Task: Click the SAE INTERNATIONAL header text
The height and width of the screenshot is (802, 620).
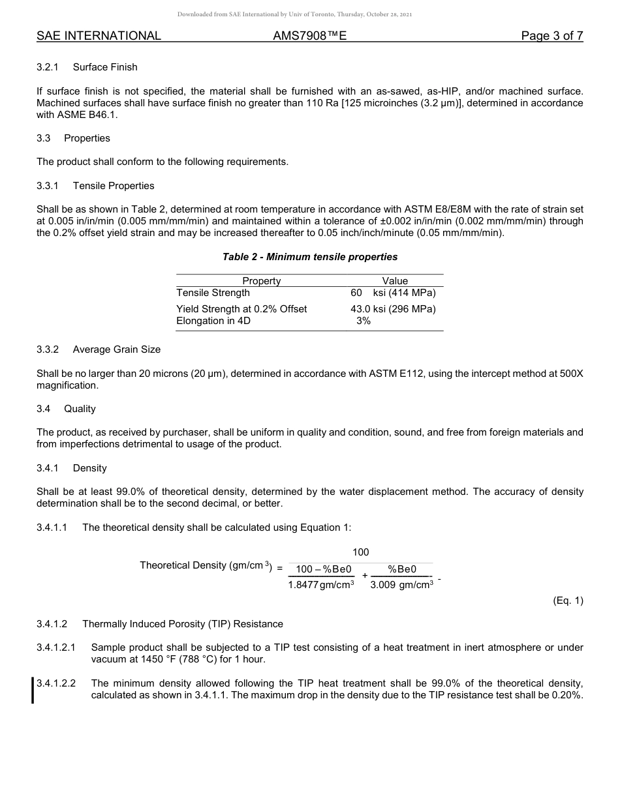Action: [x=99, y=37]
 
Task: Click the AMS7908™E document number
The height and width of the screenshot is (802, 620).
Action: [x=309, y=37]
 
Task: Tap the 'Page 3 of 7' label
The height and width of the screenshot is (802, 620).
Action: [x=551, y=37]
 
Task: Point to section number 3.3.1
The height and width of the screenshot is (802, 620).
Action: [x=48, y=186]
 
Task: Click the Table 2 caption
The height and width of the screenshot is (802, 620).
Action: [x=310, y=257]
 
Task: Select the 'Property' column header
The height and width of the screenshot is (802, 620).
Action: [x=261, y=281]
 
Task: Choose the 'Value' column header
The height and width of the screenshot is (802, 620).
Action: [x=395, y=281]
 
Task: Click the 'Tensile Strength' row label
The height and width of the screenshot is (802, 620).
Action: [x=213, y=293]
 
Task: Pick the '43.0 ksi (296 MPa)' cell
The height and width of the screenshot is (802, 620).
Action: [x=393, y=309]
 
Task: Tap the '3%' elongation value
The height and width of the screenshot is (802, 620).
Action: [x=364, y=321]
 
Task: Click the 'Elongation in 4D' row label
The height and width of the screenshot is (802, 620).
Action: [x=213, y=321]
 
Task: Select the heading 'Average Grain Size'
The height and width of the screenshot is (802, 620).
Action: [x=117, y=349]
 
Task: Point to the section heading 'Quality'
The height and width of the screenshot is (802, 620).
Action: [x=80, y=409]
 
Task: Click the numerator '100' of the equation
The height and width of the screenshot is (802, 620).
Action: [x=361, y=552]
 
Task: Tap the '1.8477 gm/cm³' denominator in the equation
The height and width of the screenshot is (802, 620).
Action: [x=321, y=585]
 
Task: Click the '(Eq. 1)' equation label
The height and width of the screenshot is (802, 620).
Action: [x=568, y=601]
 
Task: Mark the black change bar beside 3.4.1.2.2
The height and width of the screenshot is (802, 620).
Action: [x=33, y=691]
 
